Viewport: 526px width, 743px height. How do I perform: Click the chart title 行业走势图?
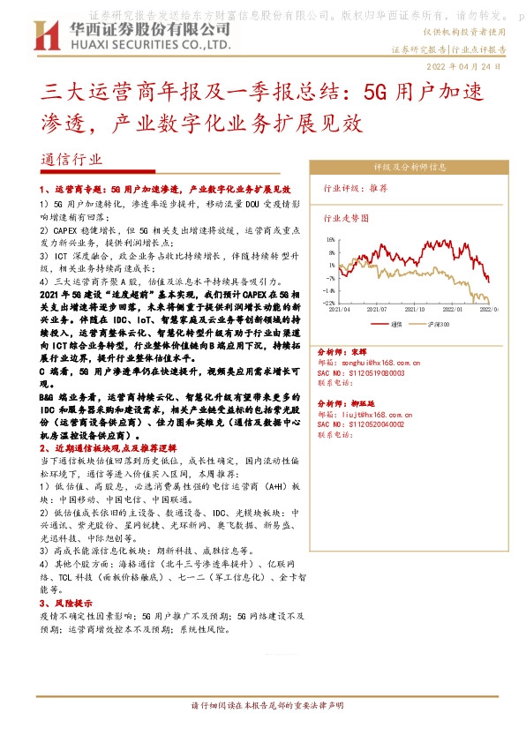345,216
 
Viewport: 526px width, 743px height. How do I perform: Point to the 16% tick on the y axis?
330,238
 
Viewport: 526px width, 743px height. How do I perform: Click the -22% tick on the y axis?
329,303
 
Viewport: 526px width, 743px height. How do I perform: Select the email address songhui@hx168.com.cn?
381,362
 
